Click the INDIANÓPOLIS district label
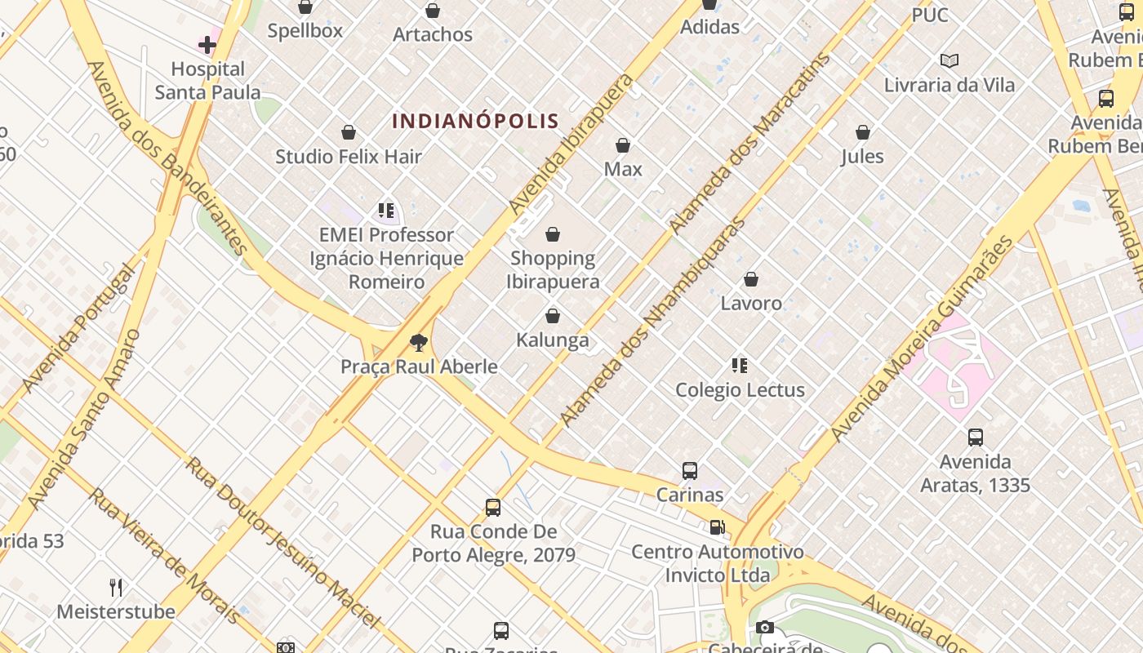click(475, 122)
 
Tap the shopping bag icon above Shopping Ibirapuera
click(553, 235)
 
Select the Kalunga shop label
click(553, 340)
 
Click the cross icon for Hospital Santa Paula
click(207, 44)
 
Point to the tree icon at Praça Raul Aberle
click(419, 343)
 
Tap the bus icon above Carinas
click(690, 471)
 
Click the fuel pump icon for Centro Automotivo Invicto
click(717, 527)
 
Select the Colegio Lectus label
click(740, 390)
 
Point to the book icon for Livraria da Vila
click(950, 61)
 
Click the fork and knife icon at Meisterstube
click(116, 587)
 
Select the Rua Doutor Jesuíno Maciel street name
click(282, 542)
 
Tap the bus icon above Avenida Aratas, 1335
click(976, 438)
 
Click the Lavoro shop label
click(751, 304)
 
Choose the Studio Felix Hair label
click(349, 157)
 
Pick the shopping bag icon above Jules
click(863, 132)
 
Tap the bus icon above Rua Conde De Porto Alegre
click(493, 508)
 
